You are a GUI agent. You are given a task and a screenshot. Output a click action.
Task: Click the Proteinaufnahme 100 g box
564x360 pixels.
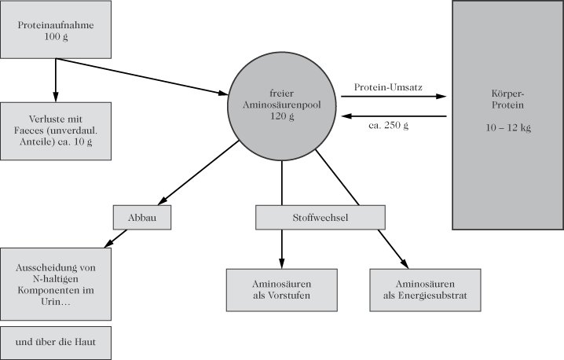click(x=55, y=31)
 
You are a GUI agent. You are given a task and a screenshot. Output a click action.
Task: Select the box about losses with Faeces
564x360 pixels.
click(x=55, y=130)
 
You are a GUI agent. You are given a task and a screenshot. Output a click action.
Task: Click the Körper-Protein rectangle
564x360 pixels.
click(x=507, y=115)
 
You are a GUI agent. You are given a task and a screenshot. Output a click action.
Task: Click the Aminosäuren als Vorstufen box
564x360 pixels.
click(x=282, y=290)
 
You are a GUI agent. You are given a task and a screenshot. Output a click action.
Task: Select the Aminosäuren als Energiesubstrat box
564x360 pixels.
click(x=425, y=290)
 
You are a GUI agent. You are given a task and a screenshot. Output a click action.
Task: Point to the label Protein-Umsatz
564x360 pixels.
click(x=388, y=86)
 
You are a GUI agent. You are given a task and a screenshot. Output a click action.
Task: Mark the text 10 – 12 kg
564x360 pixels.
click(x=507, y=127)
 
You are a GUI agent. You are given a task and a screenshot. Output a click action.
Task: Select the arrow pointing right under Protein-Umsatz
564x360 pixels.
click(x=393, y=97)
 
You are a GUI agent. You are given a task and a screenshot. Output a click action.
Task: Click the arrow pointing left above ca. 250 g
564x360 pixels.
click(x=393, y=116)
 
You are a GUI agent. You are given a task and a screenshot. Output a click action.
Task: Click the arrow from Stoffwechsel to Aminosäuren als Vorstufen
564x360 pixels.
click(x=282, y=248)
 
